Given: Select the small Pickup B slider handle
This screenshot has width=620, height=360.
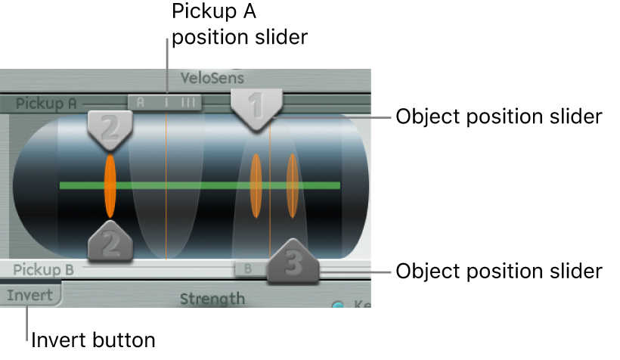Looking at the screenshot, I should point(248,267).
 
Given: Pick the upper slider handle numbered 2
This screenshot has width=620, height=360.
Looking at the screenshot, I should point(110,128).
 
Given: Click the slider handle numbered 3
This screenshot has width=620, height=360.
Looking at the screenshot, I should point(294,263).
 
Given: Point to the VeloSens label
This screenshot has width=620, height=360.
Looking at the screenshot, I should point(212,77).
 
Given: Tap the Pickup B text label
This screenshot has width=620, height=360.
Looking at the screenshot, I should point(43,268).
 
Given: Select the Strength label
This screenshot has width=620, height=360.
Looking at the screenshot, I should point(212,299).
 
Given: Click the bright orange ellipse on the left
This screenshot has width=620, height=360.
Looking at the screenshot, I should point(110,185).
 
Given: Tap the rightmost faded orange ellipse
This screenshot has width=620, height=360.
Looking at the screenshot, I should point(293,185).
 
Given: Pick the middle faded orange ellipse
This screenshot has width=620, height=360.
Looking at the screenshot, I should point(256,185).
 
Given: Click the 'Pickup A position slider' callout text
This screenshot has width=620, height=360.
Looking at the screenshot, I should point(240,24).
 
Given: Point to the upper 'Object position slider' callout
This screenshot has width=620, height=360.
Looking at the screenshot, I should point(499,116).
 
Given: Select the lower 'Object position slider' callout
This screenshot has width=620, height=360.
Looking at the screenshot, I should point(499,271).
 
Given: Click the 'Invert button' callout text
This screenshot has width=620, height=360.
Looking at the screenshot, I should point(93,340).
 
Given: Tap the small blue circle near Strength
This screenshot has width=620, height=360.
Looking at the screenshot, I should point(338,306).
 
